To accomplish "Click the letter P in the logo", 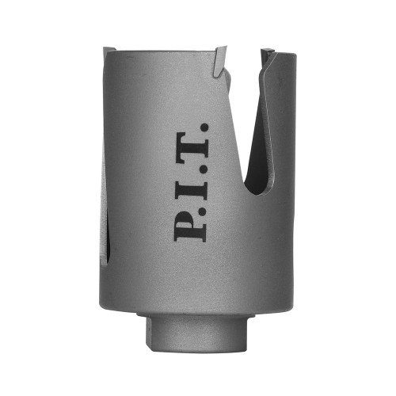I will [x=190, y=224].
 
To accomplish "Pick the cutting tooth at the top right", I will [x=268, y=57].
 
